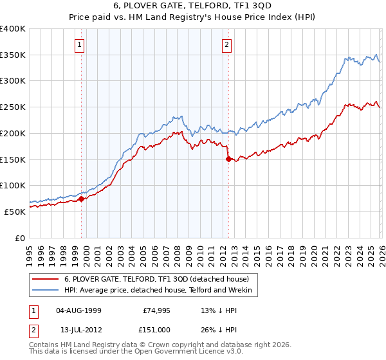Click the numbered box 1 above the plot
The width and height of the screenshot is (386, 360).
[79, 44]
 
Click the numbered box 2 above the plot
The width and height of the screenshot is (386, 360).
[227, 44]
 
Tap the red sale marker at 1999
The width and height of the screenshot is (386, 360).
[81, 199]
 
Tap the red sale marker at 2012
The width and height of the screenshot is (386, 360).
[228, 159]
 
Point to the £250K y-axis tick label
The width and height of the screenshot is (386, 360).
[13, 107]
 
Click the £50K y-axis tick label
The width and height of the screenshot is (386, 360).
[15, 212]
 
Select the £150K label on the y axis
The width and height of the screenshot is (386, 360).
[13, 159]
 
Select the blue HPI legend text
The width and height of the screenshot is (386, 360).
[160, 291]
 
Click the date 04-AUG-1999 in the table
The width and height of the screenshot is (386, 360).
[78, 310]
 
